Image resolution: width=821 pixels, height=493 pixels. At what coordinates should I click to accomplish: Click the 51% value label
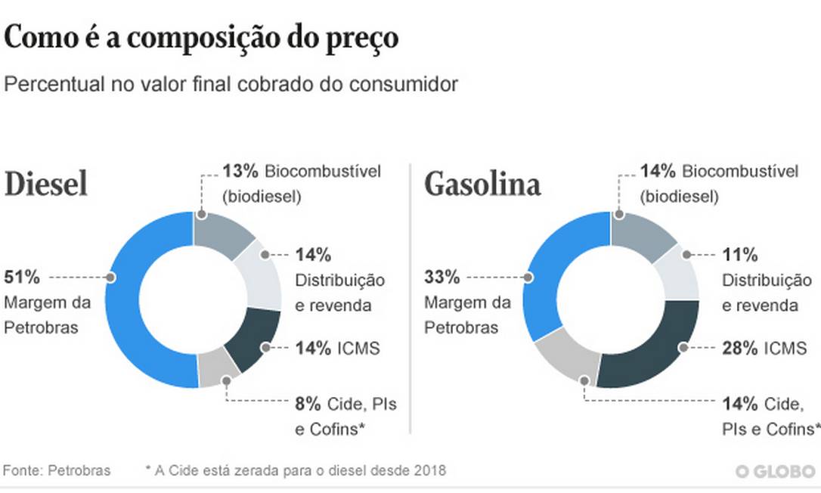(21, 277)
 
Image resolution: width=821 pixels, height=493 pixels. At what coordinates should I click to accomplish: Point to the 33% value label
(441, 277)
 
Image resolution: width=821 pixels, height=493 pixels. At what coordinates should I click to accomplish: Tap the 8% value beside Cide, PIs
(305, 404)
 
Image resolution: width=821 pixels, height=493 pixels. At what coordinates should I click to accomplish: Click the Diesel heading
(46, 184)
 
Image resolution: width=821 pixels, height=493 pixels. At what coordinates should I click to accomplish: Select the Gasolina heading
(482, 184)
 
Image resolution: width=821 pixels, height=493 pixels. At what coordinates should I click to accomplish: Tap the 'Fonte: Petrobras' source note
(57, 470)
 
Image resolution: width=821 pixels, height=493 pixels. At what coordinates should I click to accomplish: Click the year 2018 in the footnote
(430, 470)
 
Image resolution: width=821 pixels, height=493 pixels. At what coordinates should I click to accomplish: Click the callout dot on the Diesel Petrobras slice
(111, 278)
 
